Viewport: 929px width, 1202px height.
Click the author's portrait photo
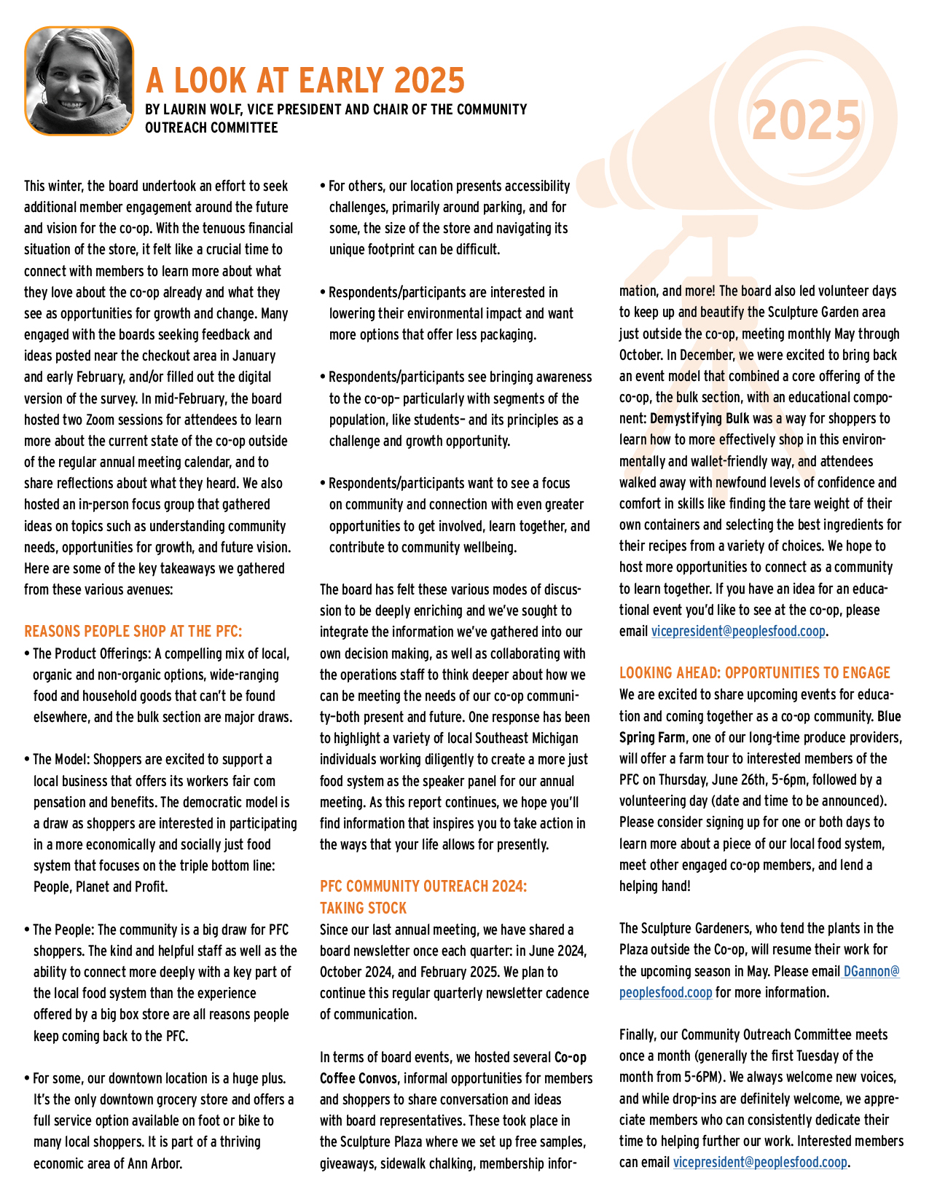click(x=79, y=81)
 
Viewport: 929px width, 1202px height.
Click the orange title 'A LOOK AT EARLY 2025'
click(x=305, y=80)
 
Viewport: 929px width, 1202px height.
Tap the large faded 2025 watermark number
click(x=806, y=120)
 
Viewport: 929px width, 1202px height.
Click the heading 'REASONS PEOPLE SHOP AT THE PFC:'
click(x=133, y=631)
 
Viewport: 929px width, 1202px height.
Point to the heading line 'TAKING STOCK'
click(x=363, y=908)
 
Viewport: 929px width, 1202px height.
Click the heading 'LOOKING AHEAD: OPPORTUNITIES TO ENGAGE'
click(x=755, y=672)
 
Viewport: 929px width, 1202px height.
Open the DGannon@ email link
click(x=871, y=971)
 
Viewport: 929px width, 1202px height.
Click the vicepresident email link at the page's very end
click(x=760, y=1162)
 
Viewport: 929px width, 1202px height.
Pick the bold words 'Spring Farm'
click(x=652, y=737)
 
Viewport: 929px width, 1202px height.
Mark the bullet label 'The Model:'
click(x=62, y=759)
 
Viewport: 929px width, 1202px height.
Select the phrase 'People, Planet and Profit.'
click(x=101, y=887)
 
